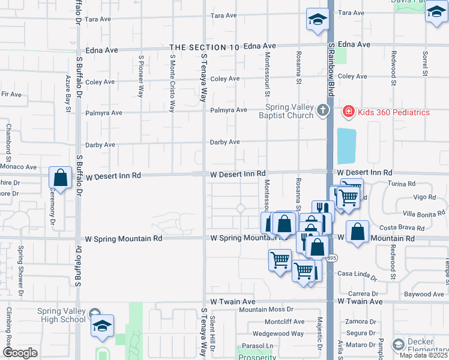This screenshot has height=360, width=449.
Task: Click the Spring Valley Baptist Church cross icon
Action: [324, 110]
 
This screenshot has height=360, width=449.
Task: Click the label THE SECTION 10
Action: [200, 47]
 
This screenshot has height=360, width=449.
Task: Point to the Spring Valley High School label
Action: [61, 315]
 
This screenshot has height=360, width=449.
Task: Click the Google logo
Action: [19, 353]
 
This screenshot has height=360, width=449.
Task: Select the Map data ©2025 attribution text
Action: [424, 355]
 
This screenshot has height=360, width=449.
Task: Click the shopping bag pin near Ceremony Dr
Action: [60, 178]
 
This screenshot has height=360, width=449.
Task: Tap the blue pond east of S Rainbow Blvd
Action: [346, 146]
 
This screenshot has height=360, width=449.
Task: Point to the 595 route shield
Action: [331, 258]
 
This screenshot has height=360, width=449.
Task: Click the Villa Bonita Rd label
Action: [423, 213]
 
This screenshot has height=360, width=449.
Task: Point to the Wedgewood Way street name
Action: [278, 334]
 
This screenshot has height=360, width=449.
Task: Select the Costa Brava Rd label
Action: [402, 229]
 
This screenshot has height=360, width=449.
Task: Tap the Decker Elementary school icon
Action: [398, 345]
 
